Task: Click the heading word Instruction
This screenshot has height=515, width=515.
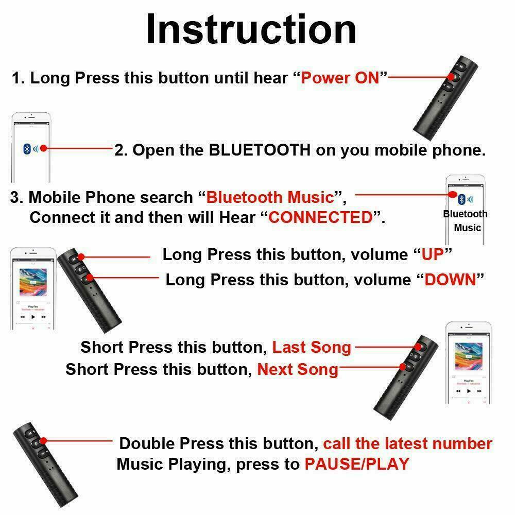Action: tap(251, 30)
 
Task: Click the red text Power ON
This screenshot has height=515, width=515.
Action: tap(339, 78)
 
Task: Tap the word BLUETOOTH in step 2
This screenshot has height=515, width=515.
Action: tap(260, 150)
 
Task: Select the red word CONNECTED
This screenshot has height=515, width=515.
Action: tap(320, 217)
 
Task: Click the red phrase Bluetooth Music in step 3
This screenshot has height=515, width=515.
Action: tap(270, 197)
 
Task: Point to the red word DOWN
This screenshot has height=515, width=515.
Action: tap(450, 280)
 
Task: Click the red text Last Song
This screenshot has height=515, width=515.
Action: tap(312, 347)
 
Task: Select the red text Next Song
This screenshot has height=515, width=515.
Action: tap(298, 369)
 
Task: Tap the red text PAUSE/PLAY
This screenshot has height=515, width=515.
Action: tap(356, 463)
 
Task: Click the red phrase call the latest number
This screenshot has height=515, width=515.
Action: tap(407, 443)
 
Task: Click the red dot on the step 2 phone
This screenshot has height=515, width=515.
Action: tap(44, 148)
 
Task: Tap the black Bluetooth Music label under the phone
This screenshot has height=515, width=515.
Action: tap(466, 220)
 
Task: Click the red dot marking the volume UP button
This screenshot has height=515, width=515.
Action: tap(81, 256)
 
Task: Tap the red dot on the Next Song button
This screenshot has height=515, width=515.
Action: tap(403, 367)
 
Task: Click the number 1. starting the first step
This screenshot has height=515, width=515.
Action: tap(18, 78)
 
